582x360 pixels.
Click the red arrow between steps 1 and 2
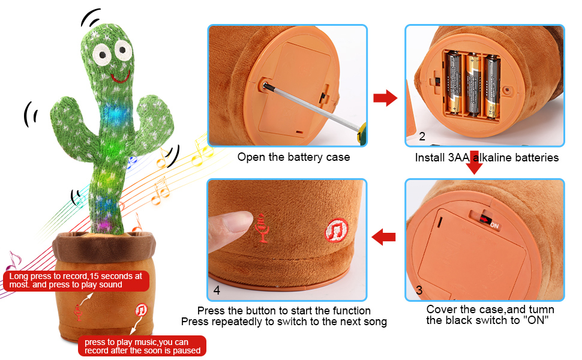pyautogui.click(x=385, y=97)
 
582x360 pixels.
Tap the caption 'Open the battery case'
pyautogui.click(x=293, y=157)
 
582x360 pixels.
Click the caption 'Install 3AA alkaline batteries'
pyautogui.click(x=487, y=158)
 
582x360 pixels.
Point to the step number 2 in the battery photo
pyautogui.click(x=422, y=137)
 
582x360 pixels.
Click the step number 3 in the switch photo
pyautogui.click(x=419, y=290)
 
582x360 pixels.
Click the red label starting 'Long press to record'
pyautogui.click(x=76, y=280)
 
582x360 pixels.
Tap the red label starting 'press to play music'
pyautogui.click(x=142, y=346)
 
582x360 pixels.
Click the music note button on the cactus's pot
pyautogui.click(x=141, y=310)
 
